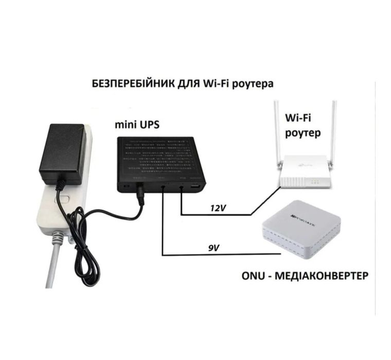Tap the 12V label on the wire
point(217,208)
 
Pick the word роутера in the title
point(251,83)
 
